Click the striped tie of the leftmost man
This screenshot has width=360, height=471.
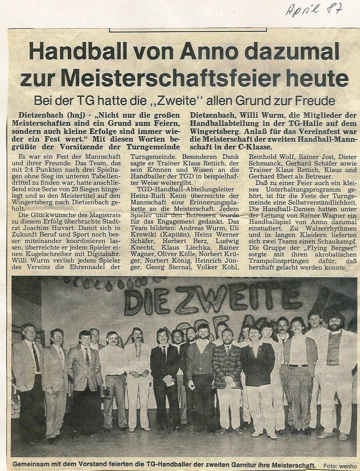[x=36, y=357]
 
